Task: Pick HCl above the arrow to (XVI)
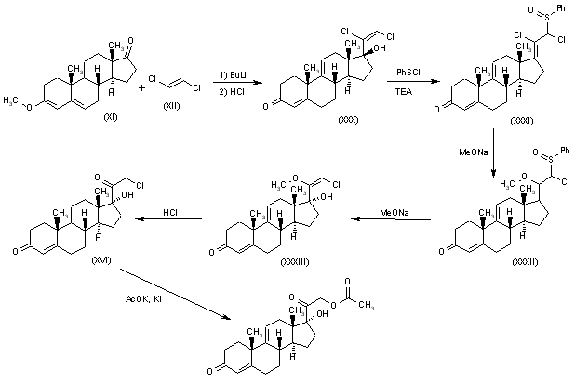click(170, 212)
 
